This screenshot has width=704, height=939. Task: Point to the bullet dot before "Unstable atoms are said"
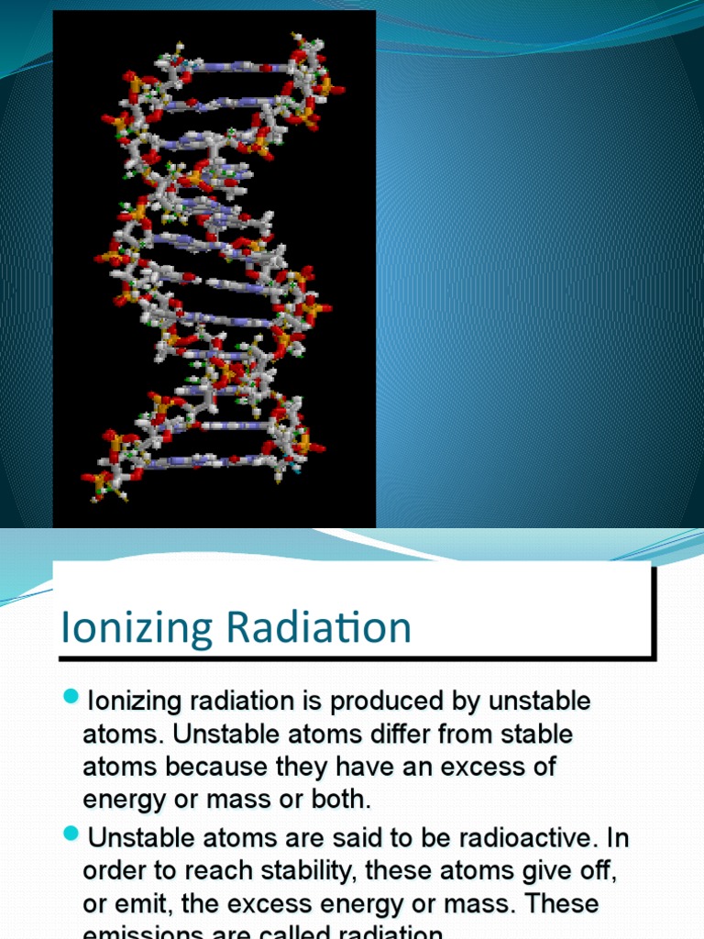(72, 834)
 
